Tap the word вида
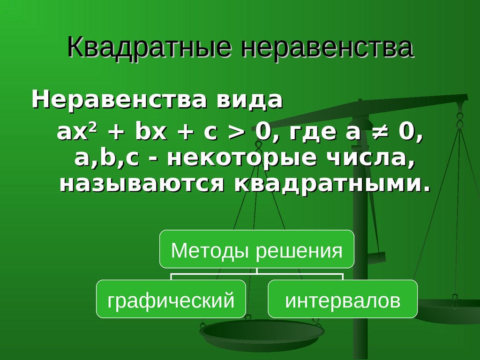click(x=250, y=99)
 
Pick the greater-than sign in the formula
click(x=237, y=132)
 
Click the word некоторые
click(x=241, y=158)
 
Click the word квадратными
click(x=332, y=184)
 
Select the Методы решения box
click(x=257, y=249)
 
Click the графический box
click(x=171, y=299)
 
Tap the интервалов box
click(x=343, y=299)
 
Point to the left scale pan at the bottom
click(x=262, y=332)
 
